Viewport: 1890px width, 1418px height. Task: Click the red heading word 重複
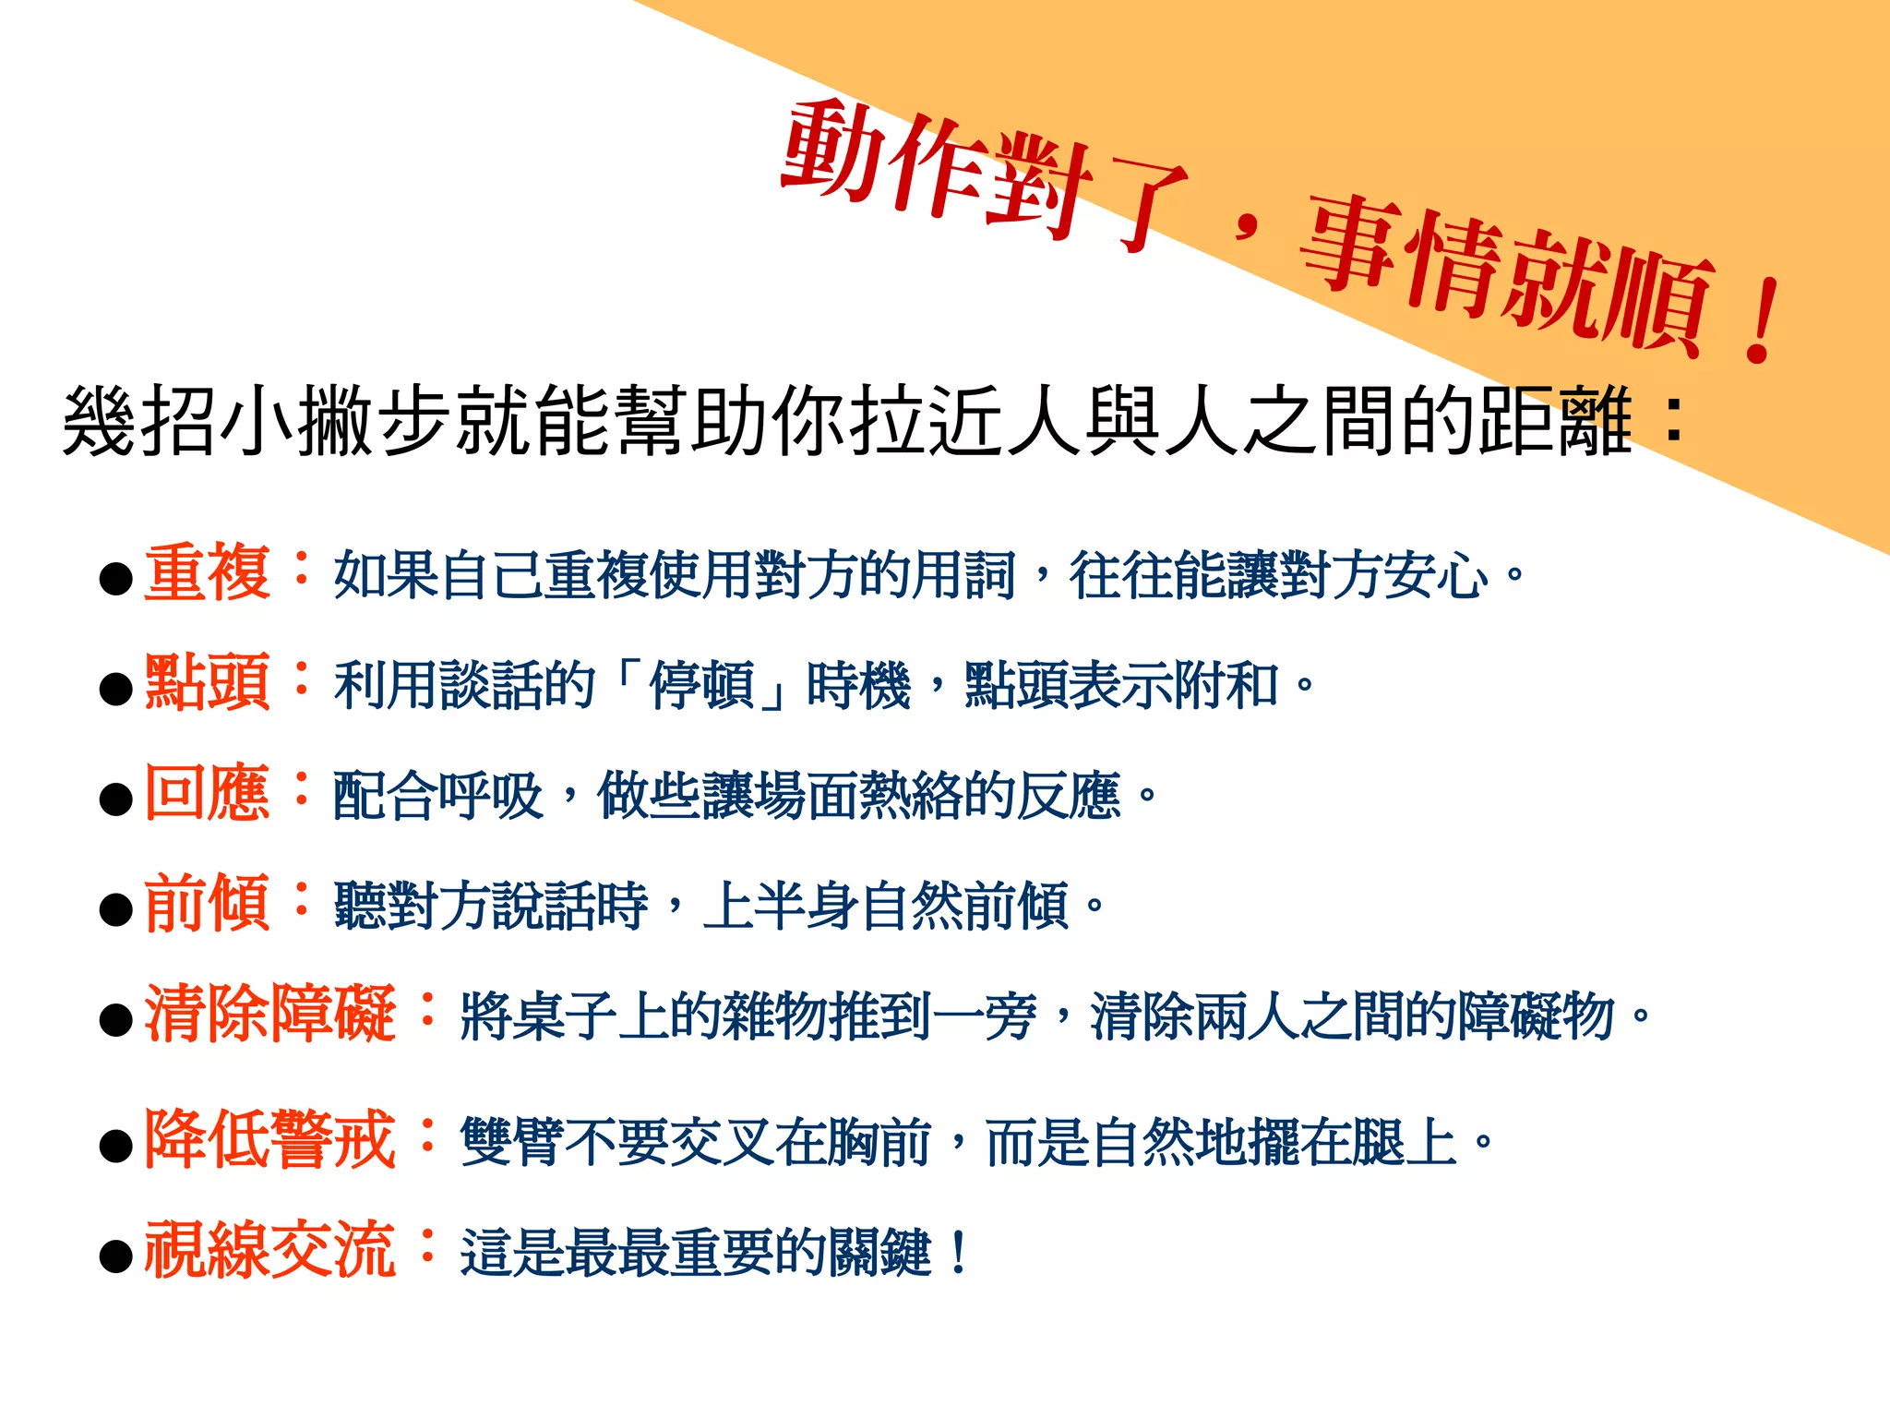207,573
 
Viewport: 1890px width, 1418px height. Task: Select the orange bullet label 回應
207,793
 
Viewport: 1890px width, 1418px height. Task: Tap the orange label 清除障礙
269,1014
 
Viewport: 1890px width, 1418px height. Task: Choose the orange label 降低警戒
269,1140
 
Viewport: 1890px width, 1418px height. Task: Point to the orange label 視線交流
269,1250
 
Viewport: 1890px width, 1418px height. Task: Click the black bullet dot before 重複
116,579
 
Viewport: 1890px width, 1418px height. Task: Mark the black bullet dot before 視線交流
116,1256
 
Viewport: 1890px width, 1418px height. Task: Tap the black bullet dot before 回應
116,799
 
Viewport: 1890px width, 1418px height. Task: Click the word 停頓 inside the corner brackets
701,686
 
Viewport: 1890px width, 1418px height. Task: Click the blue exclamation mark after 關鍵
958,1253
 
